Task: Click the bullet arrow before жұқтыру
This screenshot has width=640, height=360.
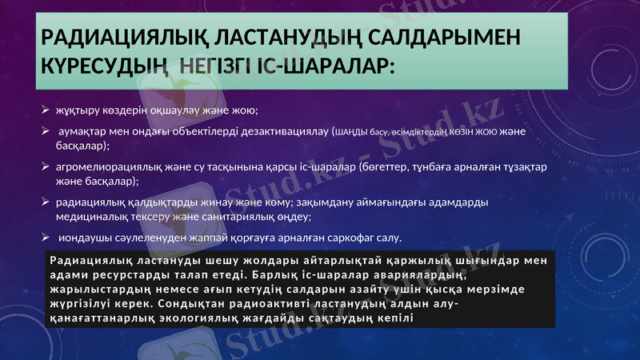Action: [46, 110]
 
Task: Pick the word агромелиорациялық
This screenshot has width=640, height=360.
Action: [110, 168]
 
